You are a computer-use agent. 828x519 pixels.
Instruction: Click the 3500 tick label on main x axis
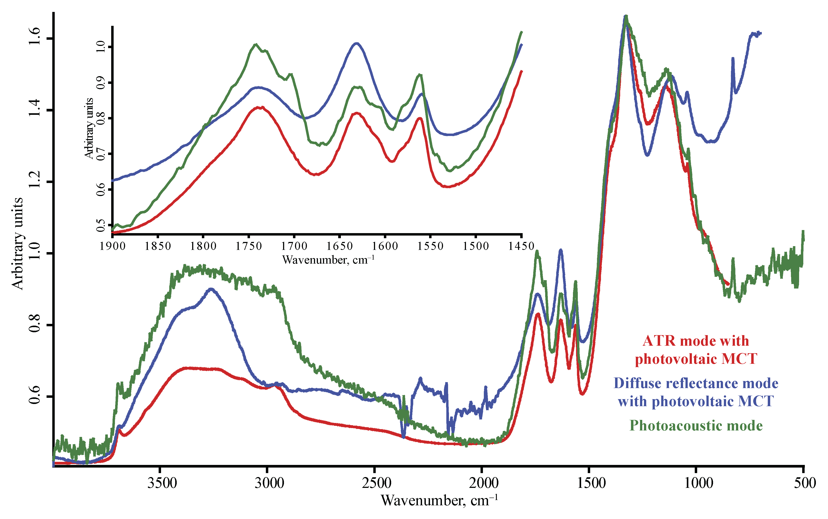[x=162, y=483]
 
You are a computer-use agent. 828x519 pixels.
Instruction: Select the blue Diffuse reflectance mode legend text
[x=696, y=392]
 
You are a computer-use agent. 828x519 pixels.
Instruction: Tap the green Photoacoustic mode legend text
[x=696, y=426]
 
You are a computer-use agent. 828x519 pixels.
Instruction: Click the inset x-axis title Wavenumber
[x=328, y=260]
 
